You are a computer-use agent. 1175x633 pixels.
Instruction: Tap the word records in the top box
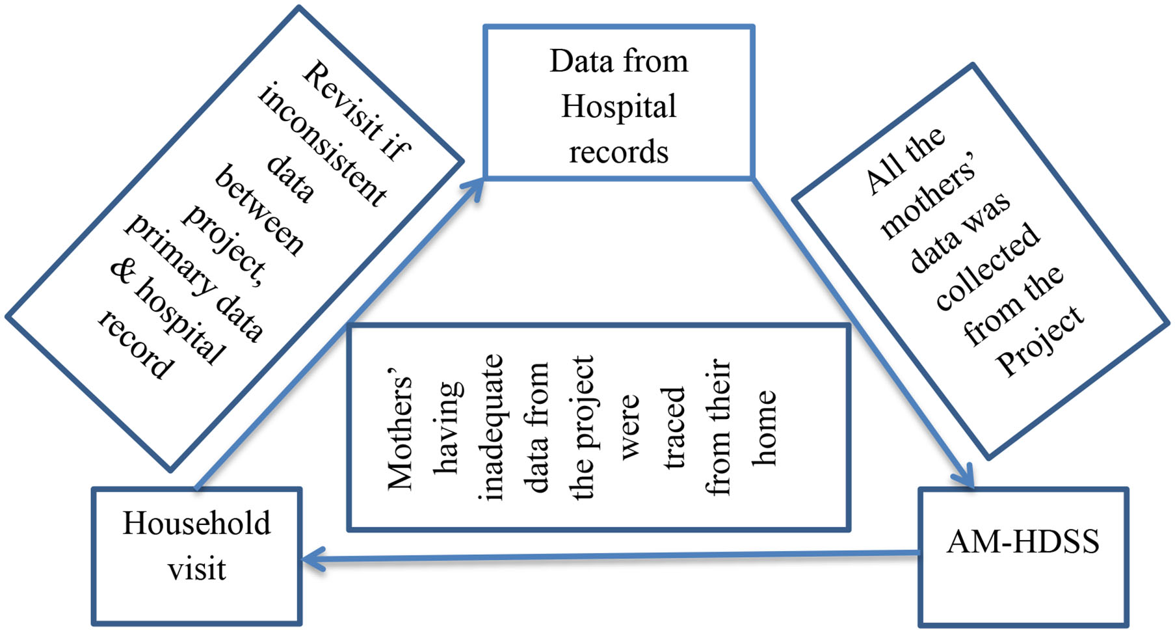click(x=618, y=152)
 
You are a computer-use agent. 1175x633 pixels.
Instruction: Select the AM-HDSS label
click(x=1022, y=542)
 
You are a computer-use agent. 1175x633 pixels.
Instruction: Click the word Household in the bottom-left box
click(x=196, y=524)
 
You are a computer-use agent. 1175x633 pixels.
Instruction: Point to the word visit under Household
click(x=196, y=569)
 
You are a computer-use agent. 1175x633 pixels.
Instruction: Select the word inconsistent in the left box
click(x=323, y=144)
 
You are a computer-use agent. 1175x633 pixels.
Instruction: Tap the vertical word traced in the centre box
click(x=674, y=427)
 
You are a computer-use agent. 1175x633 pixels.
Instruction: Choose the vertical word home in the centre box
click(x=765, y=427)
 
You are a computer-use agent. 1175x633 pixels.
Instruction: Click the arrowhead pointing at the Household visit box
click(x=312, y=559)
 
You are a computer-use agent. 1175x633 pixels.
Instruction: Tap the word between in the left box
click(x=259, y=210)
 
